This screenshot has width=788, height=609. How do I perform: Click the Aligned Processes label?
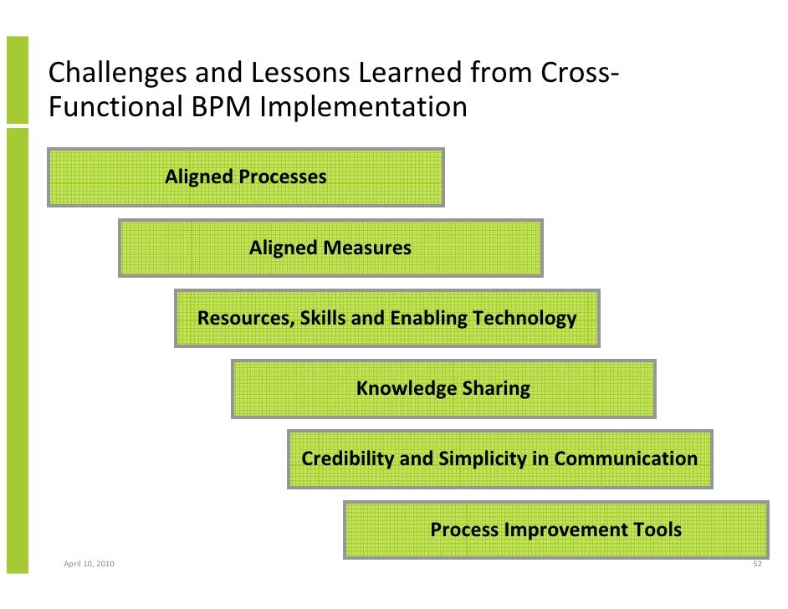pyautogui.click(x=246, y=177)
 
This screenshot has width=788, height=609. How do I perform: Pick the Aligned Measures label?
pyautogui.click(x=330, y=248)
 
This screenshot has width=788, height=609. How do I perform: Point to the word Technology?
pyautogui.click(x=524, y=318)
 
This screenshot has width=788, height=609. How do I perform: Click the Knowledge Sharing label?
pyautogui.click(x=443, y=388)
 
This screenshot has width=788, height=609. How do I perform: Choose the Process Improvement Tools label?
pyautogui.click(x=555, y=530)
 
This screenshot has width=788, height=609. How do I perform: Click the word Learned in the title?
pyautogui.click(x=410, y=74)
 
